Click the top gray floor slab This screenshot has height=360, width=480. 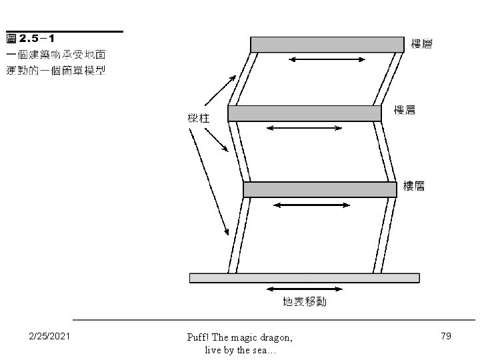click(x=327, y=44)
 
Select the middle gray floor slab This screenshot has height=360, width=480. click(x=305, y=113)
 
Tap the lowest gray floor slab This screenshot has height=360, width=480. click(x=319, y=189)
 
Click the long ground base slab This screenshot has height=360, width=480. click(x=305, y=277)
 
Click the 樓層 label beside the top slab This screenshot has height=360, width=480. click(x=422, y=44)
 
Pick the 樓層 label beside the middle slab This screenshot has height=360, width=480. click(x=405, y=110)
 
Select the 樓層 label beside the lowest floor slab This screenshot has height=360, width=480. click(x=414, y=187)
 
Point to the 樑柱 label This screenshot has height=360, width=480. click(x=199, y=119)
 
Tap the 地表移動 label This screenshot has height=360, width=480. click(x=305, y=302)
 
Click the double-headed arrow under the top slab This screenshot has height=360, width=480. click(x=327, y=61)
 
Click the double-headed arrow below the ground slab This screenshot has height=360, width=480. click(x=304, y=289)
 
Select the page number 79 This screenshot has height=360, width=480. click(x=446, y=336)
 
